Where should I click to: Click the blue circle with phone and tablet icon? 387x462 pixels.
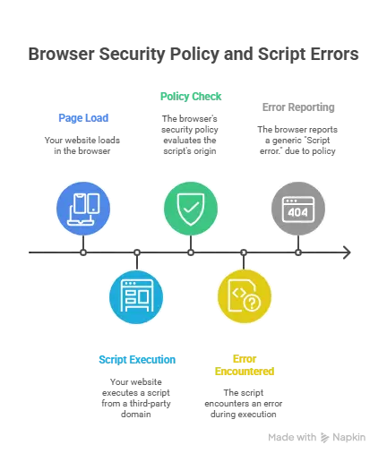pos(83,208)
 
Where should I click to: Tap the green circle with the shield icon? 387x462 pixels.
pos(191,208)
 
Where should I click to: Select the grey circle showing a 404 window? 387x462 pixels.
pos(297,208)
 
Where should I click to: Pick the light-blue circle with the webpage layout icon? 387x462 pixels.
pos(136,296)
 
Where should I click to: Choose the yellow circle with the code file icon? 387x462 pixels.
pos(244,296)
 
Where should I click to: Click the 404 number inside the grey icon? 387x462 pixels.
pos(297,212)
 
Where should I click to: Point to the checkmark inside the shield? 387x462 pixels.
pos(191,209)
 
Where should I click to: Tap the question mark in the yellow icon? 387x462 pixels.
pos(253,304)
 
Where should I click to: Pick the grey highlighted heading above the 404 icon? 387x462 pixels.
pos(297,107)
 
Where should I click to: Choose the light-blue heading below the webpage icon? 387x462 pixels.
pos(136,358)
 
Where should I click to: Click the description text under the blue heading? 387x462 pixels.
pos(83,146)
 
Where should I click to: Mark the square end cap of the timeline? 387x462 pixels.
pos(344,254)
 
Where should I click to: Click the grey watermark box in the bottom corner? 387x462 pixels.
pos(315,436)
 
